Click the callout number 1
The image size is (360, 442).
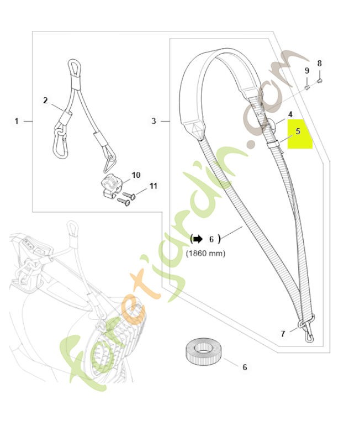[17, 121]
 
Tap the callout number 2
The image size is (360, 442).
[46, 101]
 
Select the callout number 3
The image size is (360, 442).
[153, 121]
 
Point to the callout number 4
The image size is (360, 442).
[290, 114]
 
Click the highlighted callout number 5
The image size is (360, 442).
[298, 131]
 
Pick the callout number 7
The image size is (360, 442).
[283, 334]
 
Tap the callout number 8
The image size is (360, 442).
[319, 64]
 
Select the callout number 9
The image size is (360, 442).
[307, 71]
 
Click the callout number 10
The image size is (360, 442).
[136, 175]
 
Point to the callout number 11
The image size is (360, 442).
[153, 186]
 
